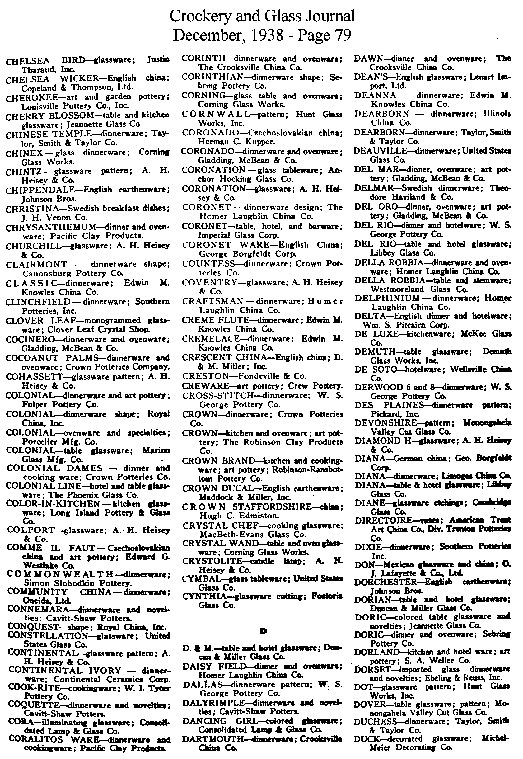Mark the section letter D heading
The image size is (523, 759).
[262, 631]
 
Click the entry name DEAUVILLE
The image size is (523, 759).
[380, 151]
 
